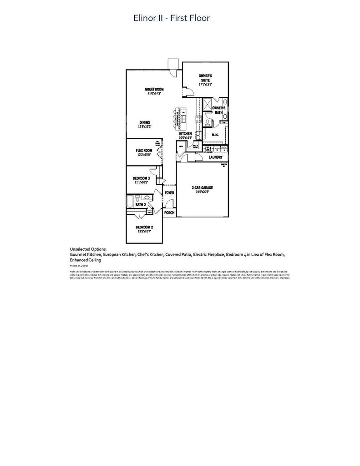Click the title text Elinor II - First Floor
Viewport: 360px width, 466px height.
pos(171,18)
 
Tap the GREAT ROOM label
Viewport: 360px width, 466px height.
pos(154,89)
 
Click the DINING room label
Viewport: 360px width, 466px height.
pos(145,122)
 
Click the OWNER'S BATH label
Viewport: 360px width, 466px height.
pos(219,110)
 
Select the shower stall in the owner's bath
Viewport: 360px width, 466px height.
pos(207,105)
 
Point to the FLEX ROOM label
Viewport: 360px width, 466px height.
pos(143,150)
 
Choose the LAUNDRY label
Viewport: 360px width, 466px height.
pos(215,157)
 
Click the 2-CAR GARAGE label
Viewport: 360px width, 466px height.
pos(202,187)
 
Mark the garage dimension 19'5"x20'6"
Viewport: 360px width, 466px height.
pos(202,192)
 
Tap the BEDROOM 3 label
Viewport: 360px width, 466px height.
pos(141,178)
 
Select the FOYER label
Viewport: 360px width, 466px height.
pos(169,193)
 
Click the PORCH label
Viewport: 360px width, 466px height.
pos(169,213)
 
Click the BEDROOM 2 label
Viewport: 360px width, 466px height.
pos(144,227)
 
